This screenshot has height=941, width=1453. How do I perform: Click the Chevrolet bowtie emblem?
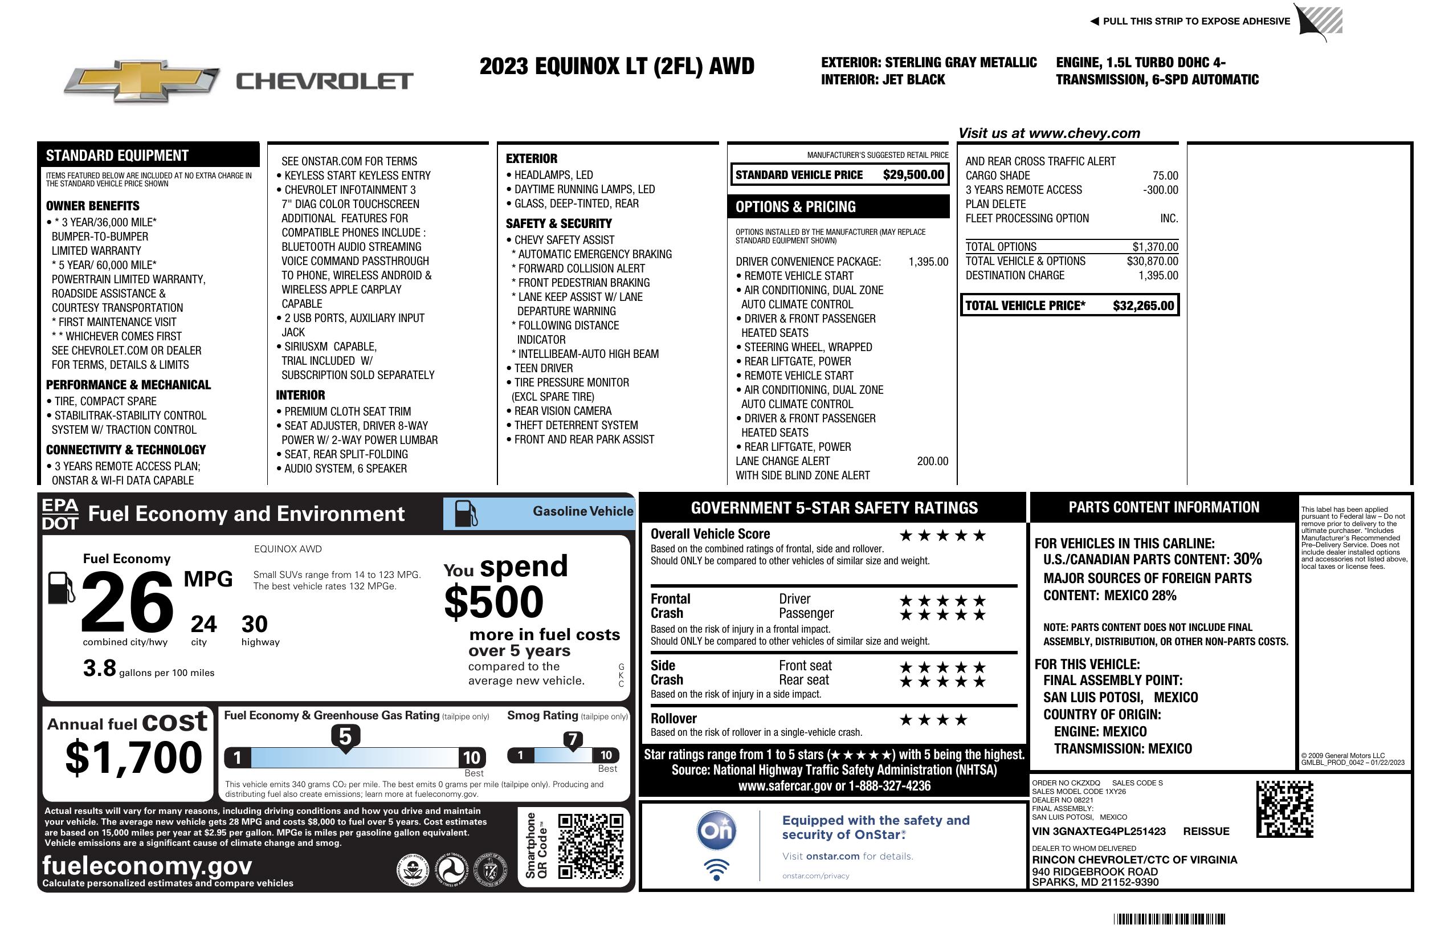click(x=142, y=80)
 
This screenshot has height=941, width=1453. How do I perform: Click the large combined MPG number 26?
click(x=127, y=602)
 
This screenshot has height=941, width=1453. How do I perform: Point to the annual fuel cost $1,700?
click(x=133, y=757)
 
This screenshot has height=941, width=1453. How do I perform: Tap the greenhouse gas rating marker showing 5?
click(x=345, y=737)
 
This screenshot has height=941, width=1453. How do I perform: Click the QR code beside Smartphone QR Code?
click(x=590, y=846)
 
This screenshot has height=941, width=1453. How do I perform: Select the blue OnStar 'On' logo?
click(x=717, y=830)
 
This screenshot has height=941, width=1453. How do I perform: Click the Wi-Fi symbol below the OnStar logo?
click(x=717, y=869)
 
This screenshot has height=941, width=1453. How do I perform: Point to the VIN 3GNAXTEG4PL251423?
click(x=1099, y=831)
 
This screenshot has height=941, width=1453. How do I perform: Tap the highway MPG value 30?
click(x=255, y=624)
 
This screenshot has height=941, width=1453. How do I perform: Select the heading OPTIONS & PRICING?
click(x=795, y=207)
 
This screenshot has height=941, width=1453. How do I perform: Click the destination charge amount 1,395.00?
click(x=1158, y=275)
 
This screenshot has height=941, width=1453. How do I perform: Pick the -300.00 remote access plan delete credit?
click(x=1160, y=190)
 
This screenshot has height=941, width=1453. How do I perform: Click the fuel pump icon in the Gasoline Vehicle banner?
click(x=466, y=513)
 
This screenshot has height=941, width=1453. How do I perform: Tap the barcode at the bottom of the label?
click(x=1169, y=919)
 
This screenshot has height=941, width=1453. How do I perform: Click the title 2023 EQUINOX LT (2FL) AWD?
click(x=617, y=66)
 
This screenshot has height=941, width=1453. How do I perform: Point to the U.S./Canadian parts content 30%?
click(x=1247, y=559)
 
